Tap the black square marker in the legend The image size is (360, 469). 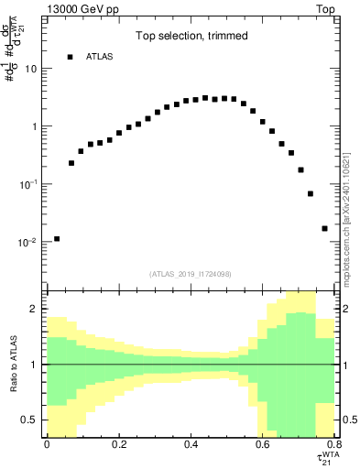tap(70, 57)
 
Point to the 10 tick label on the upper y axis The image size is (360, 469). tap(30, 70)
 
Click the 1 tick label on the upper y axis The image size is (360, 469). tap(34, 127)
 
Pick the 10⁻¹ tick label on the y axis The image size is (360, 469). tap(28, 184)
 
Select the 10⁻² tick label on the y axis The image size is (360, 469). tap(28, 243)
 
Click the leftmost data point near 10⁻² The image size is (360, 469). tap(57, 238)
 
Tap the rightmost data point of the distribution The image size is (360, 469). tap(324, 228)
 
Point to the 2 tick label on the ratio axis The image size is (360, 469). tap(34, 310)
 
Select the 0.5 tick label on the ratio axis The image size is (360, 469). tap(30, 420)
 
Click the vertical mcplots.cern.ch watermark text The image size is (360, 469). tap(347, 183)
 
